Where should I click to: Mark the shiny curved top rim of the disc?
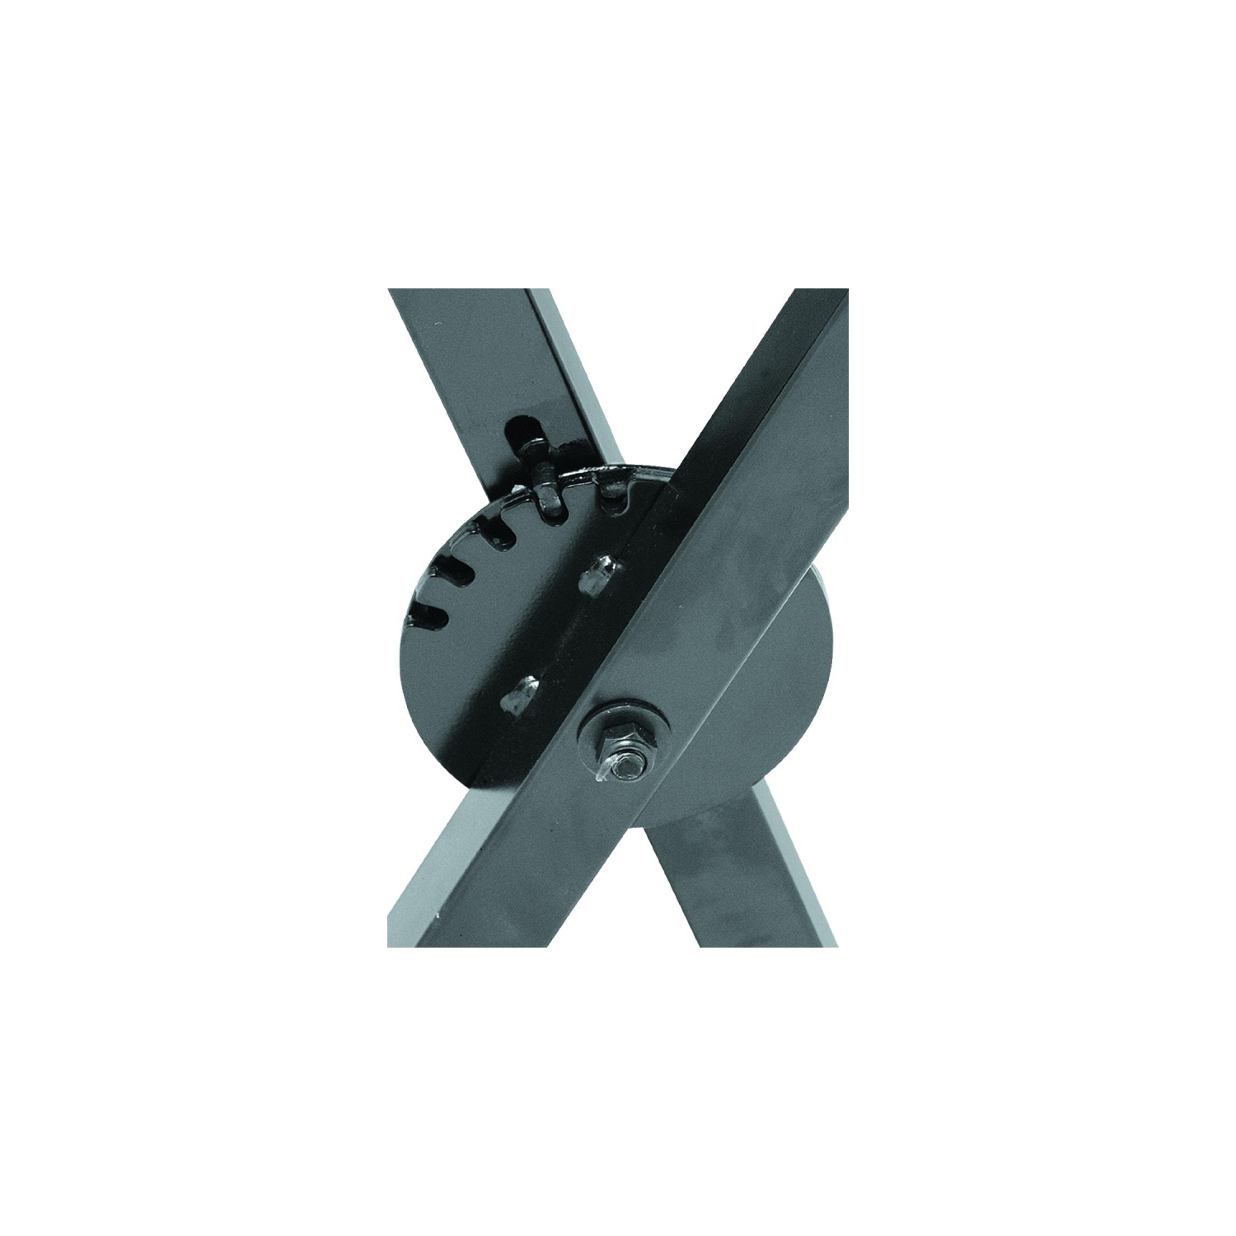[593, 479]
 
